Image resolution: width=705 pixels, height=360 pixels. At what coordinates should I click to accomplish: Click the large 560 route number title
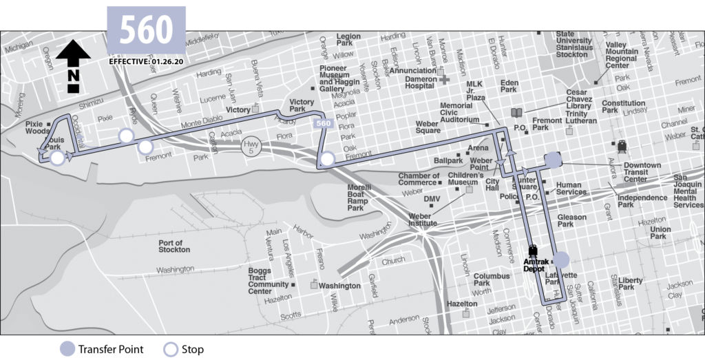click(146, 30)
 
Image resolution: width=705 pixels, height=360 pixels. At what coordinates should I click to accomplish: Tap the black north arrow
click(73, 65)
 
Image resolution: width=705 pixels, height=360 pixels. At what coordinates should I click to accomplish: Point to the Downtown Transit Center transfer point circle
click(553, 160)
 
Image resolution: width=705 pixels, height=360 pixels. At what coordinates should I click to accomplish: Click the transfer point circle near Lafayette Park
click(561, 260)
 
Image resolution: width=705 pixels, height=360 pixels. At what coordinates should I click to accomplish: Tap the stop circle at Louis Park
click(58, 158)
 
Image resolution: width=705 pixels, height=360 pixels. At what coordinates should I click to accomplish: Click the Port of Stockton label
click(170, 246)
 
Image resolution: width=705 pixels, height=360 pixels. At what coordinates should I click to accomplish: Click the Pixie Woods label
click(39, 127)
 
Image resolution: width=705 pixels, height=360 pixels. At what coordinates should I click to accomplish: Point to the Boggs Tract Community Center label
click(269, 281)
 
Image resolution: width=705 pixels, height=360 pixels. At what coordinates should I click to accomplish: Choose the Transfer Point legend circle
click(66, 349)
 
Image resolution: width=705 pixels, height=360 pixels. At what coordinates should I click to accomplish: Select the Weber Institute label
click(423, 220)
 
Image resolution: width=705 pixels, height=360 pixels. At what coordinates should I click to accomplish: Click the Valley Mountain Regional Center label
click(621, 55)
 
